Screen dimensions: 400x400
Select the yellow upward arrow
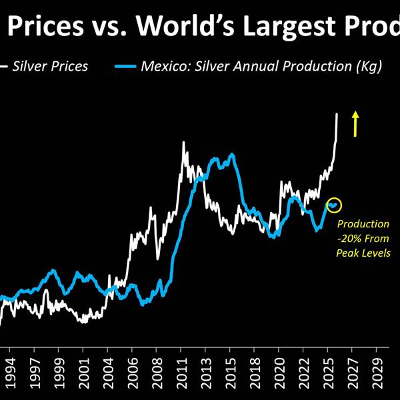(x=355, y=123)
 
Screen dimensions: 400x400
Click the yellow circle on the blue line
(x=333, y=205)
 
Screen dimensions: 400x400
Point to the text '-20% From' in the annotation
(x=363, y=239)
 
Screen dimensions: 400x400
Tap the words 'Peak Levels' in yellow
(x=363, y=253)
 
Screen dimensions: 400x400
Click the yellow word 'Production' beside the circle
(x=363, y=224)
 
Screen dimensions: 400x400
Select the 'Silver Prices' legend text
(x=50, y=67)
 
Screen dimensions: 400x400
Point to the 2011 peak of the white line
(x=183, y=142)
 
